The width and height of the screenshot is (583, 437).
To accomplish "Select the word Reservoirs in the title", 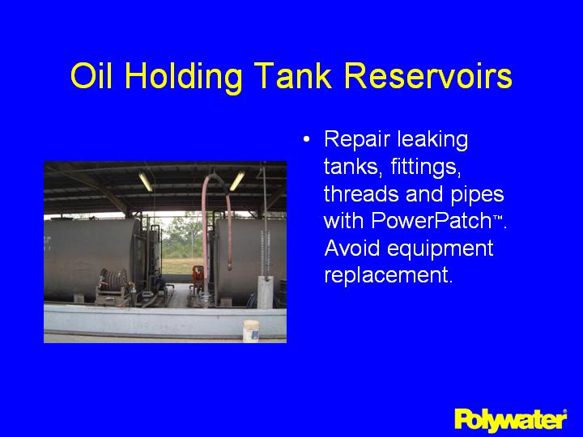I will click(428, 76).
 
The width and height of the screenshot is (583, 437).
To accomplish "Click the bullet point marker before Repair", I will click(305, 140).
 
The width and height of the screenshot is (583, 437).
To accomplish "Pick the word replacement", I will click(386, 275).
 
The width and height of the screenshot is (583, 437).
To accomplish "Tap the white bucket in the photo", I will click(250, 330).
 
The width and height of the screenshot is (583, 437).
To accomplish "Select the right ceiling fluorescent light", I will click(236, 180).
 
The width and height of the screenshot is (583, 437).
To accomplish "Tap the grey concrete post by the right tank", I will click(264, 292).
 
